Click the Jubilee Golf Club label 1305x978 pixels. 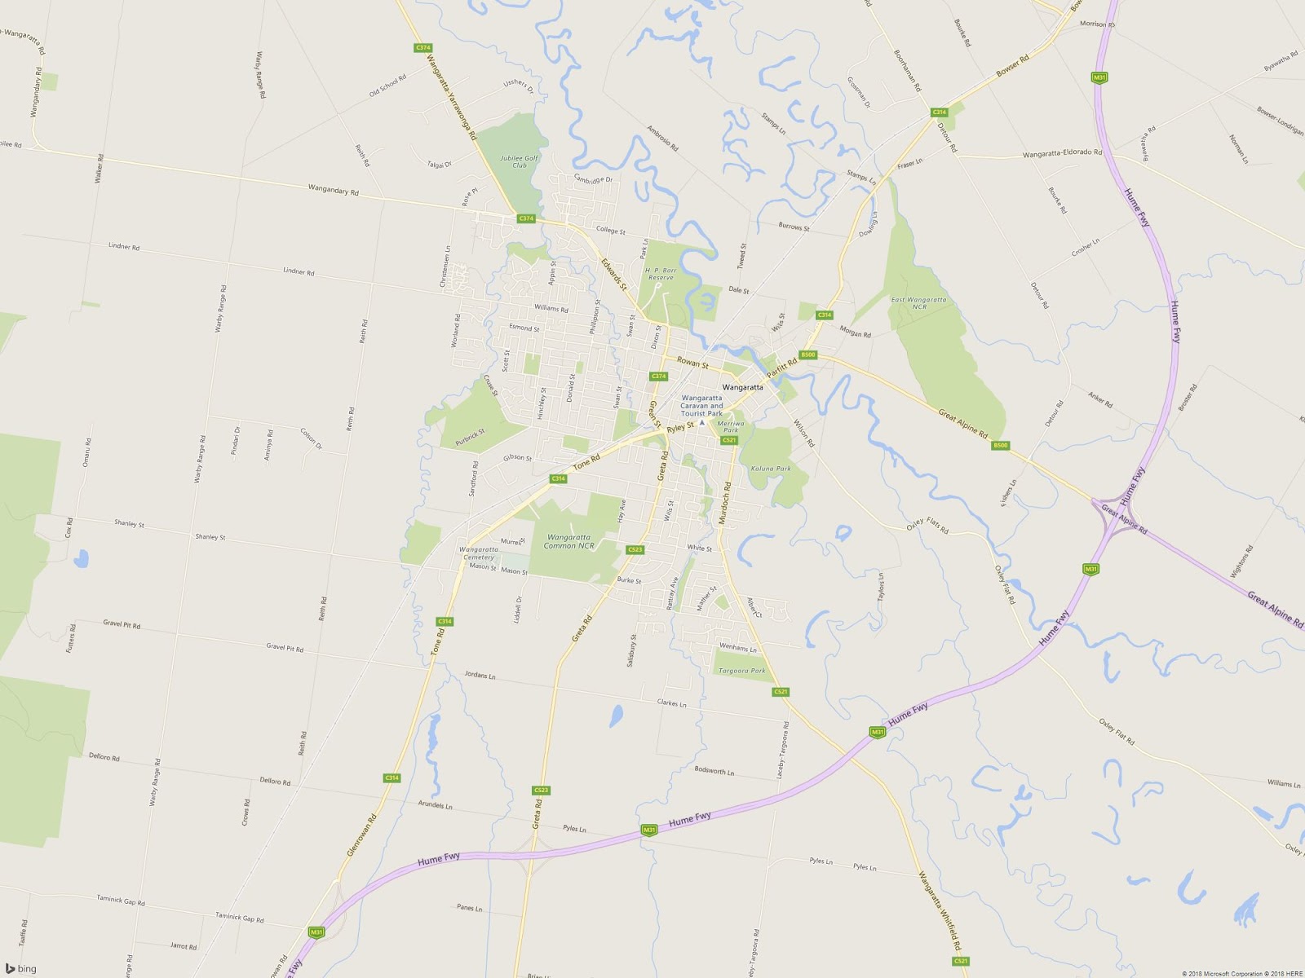[520, 161]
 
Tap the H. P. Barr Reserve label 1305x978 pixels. [661, 274]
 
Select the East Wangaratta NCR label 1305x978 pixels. [918, 302]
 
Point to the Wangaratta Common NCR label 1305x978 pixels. [568, 541]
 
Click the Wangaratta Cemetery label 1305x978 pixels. [478, 553]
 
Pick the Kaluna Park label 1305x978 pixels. [771, 469]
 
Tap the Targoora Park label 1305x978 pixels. [741, 671]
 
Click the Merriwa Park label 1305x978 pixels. [730, 426]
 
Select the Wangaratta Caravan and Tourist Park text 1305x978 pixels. [701, 406]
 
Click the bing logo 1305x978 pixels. [21, 968]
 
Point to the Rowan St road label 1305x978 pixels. [692, 363]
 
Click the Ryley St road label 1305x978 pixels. [679, 427]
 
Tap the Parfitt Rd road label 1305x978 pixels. [781, 368]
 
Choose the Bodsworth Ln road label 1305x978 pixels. [714, 770]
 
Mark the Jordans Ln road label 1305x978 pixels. [480, 675]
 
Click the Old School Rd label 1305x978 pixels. [387, 86]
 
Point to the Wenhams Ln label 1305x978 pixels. [737, 648]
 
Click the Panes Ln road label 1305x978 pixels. [469, 908]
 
